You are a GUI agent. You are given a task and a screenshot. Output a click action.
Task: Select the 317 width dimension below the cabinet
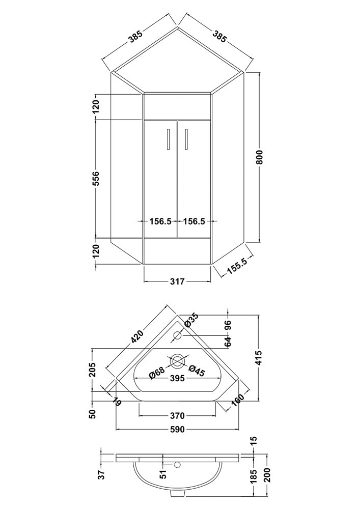click(177, 281)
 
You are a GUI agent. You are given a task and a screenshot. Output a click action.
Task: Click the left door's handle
click(168, 139)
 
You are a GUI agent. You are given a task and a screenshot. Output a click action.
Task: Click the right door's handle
click(186, 139)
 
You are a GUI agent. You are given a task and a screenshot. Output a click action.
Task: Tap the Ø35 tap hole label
click(191, 320)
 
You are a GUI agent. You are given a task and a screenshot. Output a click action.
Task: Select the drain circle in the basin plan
click(177, 361)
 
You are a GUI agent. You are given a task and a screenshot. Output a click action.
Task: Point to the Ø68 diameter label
click(157, 373)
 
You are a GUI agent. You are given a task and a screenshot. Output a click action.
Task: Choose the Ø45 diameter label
click(197, 372)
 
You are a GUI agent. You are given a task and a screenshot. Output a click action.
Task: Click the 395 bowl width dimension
click(177, 379)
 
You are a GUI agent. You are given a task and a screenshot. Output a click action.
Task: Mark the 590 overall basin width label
click(177, 430)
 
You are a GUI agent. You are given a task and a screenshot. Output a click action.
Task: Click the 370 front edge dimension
click(177, 416)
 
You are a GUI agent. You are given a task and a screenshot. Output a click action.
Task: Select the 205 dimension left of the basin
click(93, 369)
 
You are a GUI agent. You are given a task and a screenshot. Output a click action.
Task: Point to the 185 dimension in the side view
click(254, 476)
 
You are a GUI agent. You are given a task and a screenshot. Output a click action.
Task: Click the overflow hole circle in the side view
click(177, 465)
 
